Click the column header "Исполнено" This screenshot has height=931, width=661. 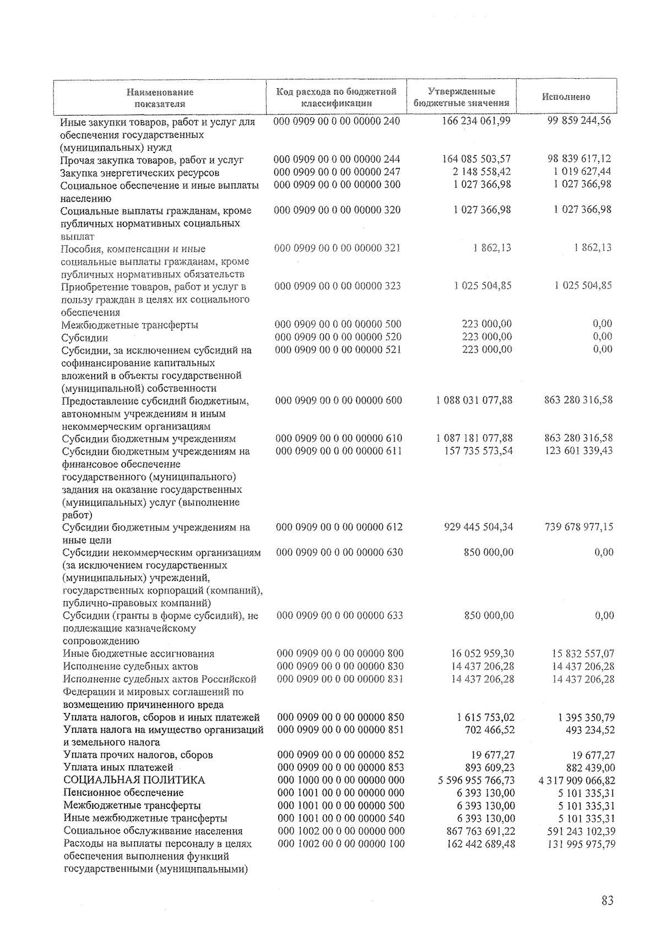(x=566, y=97)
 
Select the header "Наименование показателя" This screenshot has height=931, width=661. (x=160, y=97)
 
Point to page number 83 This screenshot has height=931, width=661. (x=607, y=901)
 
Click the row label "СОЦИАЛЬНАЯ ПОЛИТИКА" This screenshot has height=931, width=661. (x=134, y=780)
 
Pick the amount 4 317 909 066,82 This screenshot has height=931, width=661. (x=577, y=780)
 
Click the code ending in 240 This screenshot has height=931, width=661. (x=337, y=121)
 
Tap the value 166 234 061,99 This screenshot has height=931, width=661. (x=476, y=121)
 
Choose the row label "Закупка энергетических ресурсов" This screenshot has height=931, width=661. (x=140, y=173)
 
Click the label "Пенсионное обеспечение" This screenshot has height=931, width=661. (x=123, y=793)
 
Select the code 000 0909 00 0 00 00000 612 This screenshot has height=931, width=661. (x=339, y=527)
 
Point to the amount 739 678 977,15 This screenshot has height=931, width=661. (x=578, y=527)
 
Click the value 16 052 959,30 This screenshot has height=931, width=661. (x=482, y=654)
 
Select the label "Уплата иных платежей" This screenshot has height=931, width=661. (x=118, y=767)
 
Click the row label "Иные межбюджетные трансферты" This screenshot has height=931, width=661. (x=145, y=819)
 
